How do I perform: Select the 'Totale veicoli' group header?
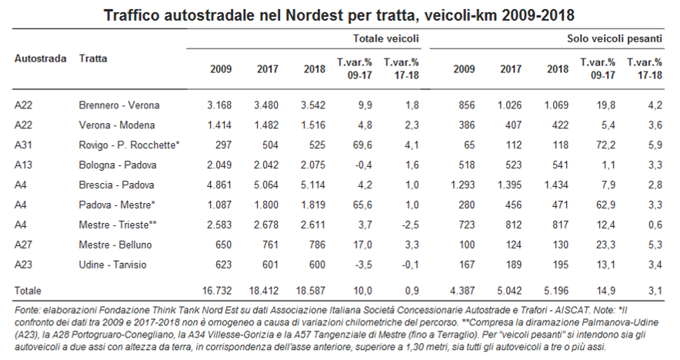click(386, 38)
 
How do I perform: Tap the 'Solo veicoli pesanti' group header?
click(615, 38)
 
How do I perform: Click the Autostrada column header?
click(40, 58)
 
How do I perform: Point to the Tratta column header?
click(93, 58)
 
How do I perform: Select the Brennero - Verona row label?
click(119, 105)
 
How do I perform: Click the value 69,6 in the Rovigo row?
click(362, 145)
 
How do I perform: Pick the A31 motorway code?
click(23, 145)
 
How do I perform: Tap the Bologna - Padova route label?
click(118, 165)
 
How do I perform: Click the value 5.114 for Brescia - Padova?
click(312, 185)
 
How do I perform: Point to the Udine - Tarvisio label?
click(113, 265)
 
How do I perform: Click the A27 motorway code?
click(23, 245)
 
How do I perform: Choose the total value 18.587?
click(311, 291)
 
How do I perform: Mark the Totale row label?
click(28, 291)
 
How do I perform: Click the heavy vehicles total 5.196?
click(556, 291)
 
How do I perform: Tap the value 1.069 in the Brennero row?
click(556, 105)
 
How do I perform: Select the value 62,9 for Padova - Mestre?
click(605, 205)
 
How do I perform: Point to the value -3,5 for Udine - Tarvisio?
click(363, 265)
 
